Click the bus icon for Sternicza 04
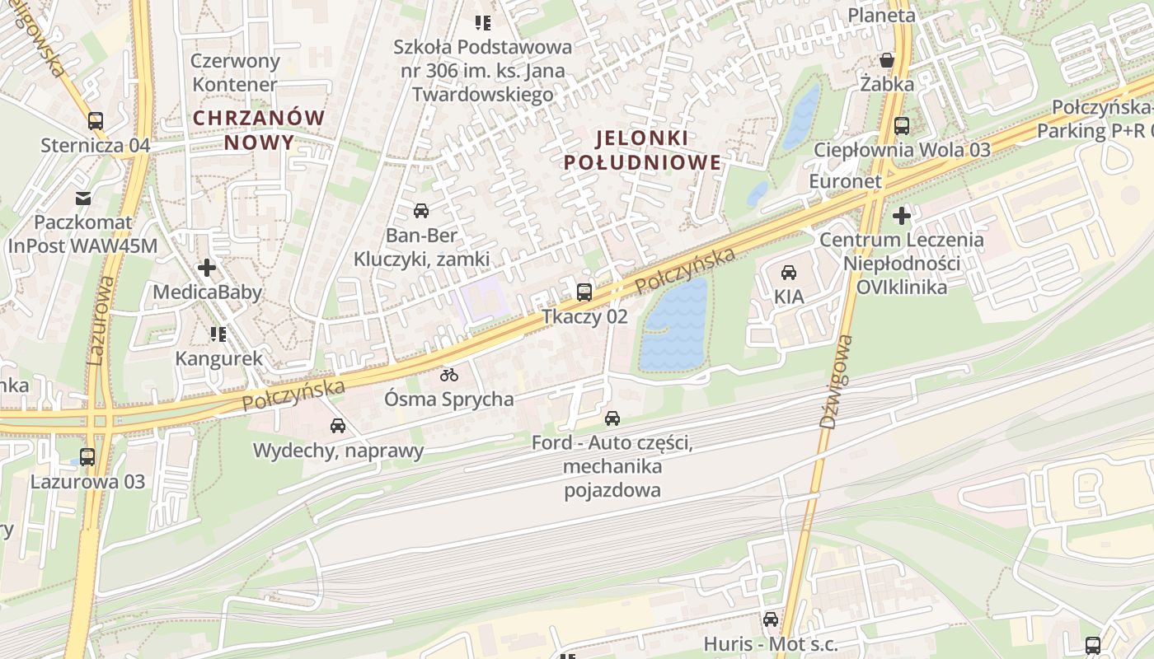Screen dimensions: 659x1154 (96, 121)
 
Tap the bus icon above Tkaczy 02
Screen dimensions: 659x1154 (584, 292)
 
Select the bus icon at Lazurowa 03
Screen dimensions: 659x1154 (87, 456)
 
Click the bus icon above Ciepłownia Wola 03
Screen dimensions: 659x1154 (902, 126)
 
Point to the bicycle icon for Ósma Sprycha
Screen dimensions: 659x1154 (449, 375)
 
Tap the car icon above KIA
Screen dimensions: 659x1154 (789, 272)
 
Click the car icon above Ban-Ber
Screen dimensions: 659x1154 (421, 210)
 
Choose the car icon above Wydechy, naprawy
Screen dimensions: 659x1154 (338, 426)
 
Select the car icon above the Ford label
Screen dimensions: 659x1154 (612, 418)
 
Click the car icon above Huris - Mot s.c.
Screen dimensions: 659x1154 (771, 619)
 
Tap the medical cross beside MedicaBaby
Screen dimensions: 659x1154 (207, 268)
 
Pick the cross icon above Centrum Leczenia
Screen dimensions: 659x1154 (902, 216)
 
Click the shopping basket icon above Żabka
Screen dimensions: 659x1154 (887, 60)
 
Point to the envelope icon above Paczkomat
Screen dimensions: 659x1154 (83, 198)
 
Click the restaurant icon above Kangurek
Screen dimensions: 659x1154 (218, 334)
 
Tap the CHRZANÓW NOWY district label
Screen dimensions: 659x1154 (259, 130)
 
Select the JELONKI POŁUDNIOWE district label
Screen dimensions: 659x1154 (642, 149)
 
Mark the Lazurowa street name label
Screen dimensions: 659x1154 (100, 321)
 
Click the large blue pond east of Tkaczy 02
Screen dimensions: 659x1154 (674, 325)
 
